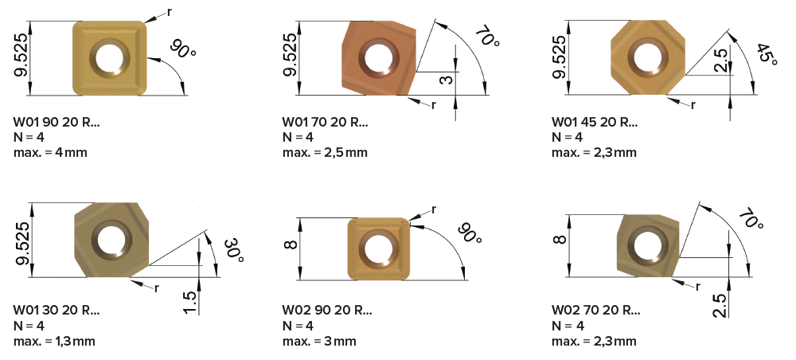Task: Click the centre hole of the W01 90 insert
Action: (x=110, y=58)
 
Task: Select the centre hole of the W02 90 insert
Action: (x=378, y=248)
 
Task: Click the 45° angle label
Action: (x=767, y=55)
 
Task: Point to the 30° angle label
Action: (x=234, y=250)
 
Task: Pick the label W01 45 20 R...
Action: (x=594, y=122)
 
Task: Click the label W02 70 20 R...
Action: (x=596, y=311)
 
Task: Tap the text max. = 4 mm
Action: (x=50, y=152)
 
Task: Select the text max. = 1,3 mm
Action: (x=54, y=341)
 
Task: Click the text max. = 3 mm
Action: (x=319, y=341)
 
